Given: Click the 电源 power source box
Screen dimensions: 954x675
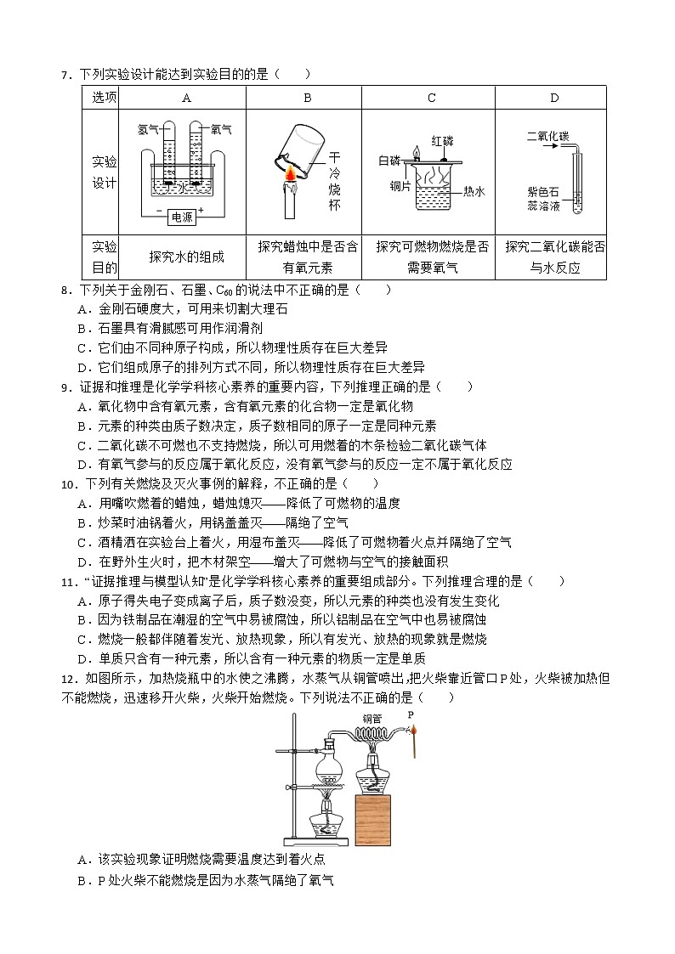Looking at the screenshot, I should pyautogui.click(x=182, y=217).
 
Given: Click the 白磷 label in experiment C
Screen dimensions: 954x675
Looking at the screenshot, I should pyautogui.click(x=389, y=160).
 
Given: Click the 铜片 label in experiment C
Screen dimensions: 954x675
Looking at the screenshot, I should pyautogui.click(x=400, y=185).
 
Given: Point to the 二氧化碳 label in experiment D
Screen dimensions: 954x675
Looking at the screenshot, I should pyautogui.click(x=547, y=135).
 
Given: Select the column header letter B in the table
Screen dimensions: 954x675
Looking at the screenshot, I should pyautogui.click(x=308, y=98).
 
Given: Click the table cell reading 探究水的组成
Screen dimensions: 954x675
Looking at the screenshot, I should pyautogui.click(x=186, y=257).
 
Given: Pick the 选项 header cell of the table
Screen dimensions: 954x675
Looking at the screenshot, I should pyautogui.click(x=104, y=98).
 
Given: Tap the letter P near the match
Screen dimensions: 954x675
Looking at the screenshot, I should pyautogui.click(x=410, y=715).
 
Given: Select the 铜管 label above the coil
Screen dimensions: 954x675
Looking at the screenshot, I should pyautogui.click(x=372, y=718).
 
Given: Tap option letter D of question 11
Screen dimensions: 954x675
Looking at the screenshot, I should pyautogui.click(x=82, y=658).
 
